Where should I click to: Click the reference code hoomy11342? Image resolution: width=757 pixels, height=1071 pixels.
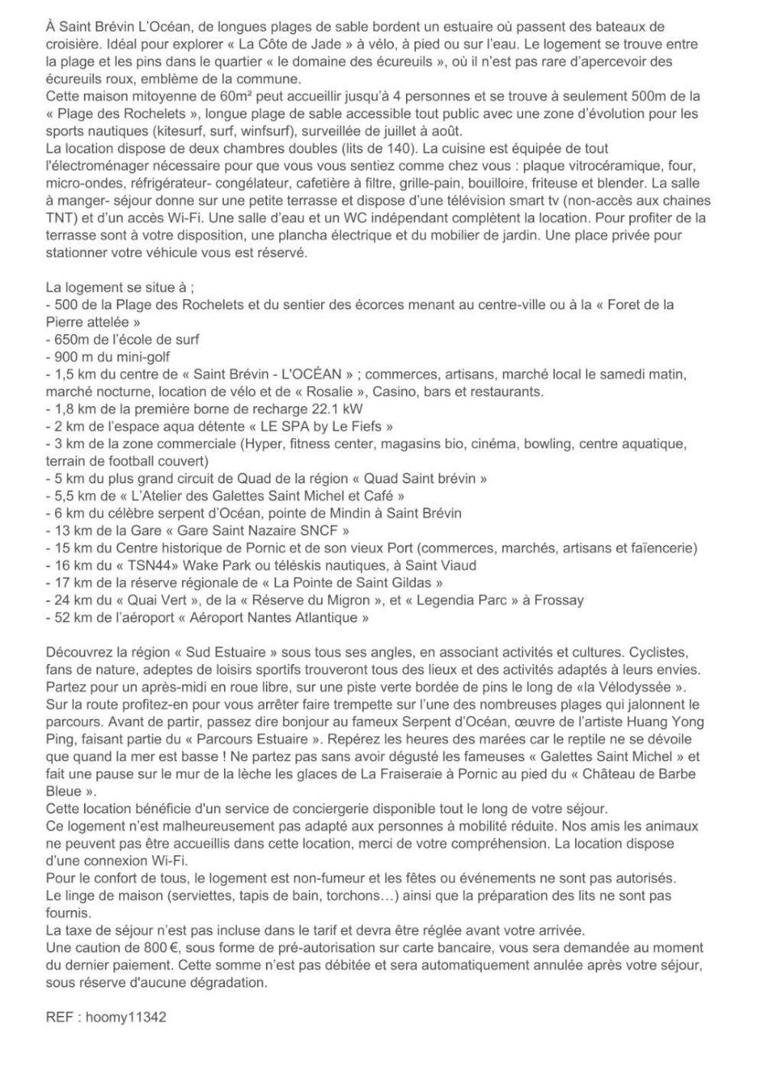click(125, 1017)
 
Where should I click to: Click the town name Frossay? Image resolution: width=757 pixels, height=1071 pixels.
click(557, 600)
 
